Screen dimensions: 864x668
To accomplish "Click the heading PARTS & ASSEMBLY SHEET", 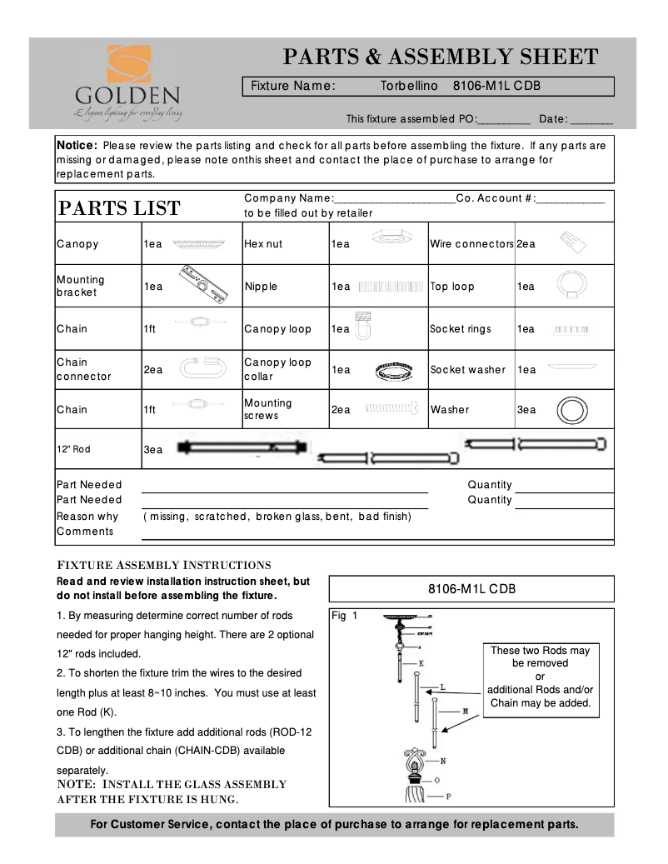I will (441, 57).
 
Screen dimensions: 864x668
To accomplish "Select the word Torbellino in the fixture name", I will (409, 86).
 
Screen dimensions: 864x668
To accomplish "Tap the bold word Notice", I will (77, 145).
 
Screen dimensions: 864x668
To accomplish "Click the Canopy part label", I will (77, 244).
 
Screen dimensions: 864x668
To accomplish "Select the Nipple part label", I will (261, 287).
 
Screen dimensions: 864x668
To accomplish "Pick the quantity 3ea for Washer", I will (526, 410).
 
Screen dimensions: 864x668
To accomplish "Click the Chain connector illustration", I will (200, 369).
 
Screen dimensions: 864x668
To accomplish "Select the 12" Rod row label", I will (73, 449).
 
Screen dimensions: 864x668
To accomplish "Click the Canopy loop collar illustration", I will (392, 370).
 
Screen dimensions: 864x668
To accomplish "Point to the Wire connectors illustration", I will (575, 243).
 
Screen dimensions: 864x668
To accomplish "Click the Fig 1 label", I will (344, 617).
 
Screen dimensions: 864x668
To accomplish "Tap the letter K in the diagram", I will (421, 663).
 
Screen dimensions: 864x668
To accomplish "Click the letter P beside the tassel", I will (448, 796).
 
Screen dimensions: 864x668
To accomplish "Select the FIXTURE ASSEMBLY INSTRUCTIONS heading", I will (162, 565).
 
